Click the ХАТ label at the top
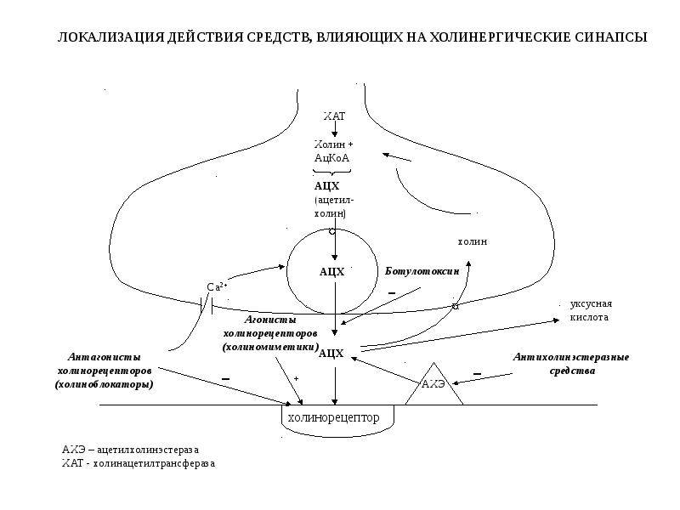(334, 115)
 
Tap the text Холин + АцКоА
(332, 151)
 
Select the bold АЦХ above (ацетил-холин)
(326, 185)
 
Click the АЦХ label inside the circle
(331, 272)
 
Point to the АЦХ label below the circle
(331, 353)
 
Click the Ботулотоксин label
(422, 271)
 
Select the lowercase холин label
(473, 242)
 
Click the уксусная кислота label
(591, 310)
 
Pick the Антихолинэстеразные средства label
(570, 364)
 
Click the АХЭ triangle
(433, 386)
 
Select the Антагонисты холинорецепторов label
(105, 371)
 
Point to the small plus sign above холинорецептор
(297, 377)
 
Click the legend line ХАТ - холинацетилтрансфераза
(138, 464)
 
